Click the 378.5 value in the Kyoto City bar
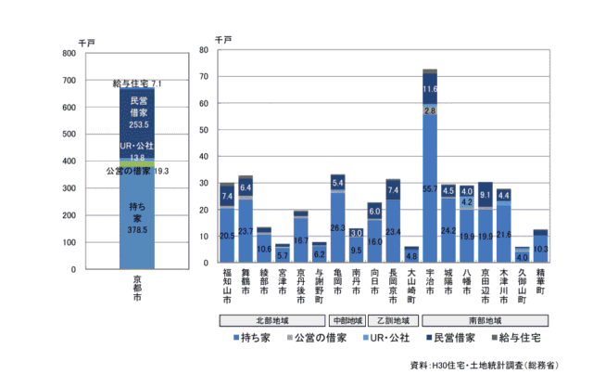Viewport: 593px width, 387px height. pos(136,230)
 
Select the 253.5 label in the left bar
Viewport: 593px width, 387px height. pos(138,124)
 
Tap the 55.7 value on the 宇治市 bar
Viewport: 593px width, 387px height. pos(429,188)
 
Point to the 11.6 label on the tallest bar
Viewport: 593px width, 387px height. pos(429,89)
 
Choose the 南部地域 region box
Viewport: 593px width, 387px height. pos(485,320)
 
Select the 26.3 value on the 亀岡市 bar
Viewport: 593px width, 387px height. pos(338,227)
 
